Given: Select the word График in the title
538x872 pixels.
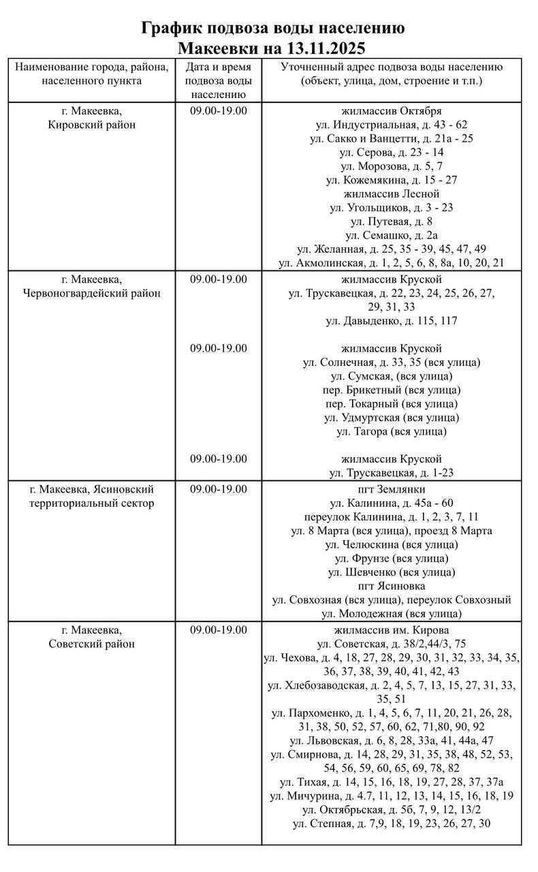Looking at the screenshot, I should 171,28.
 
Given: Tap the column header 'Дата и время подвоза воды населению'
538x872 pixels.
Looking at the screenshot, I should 218,80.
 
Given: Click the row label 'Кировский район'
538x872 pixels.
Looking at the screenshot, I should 92,125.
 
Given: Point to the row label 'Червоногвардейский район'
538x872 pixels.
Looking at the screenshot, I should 92,293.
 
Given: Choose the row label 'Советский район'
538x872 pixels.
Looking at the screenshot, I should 92,643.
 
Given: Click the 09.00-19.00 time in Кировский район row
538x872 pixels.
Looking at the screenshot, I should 218,110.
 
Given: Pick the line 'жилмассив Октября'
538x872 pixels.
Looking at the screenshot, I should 392,110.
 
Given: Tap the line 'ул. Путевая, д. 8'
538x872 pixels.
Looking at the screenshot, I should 392,221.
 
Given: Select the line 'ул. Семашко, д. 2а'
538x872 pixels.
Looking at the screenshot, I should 392,235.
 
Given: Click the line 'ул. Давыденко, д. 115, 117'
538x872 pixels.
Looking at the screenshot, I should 392,320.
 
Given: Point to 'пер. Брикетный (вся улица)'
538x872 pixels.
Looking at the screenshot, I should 392,390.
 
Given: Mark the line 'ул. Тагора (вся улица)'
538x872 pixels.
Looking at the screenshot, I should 392,431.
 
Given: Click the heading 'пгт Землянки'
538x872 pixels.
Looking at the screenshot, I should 392,489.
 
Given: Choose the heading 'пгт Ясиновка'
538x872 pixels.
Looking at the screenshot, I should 392,586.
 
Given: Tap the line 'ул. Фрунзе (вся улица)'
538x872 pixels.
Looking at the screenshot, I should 392,559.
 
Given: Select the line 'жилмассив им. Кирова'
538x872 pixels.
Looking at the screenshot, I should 392,629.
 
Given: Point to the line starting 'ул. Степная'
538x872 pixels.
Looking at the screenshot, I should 392,823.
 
